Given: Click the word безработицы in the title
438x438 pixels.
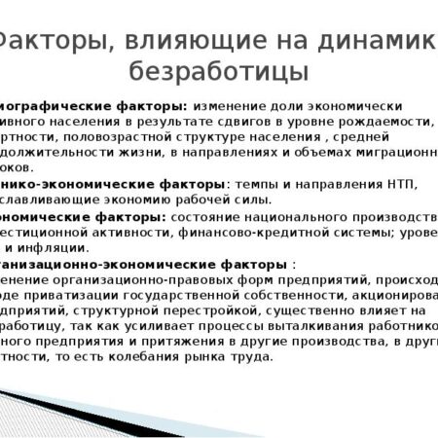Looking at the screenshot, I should point(218,71).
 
